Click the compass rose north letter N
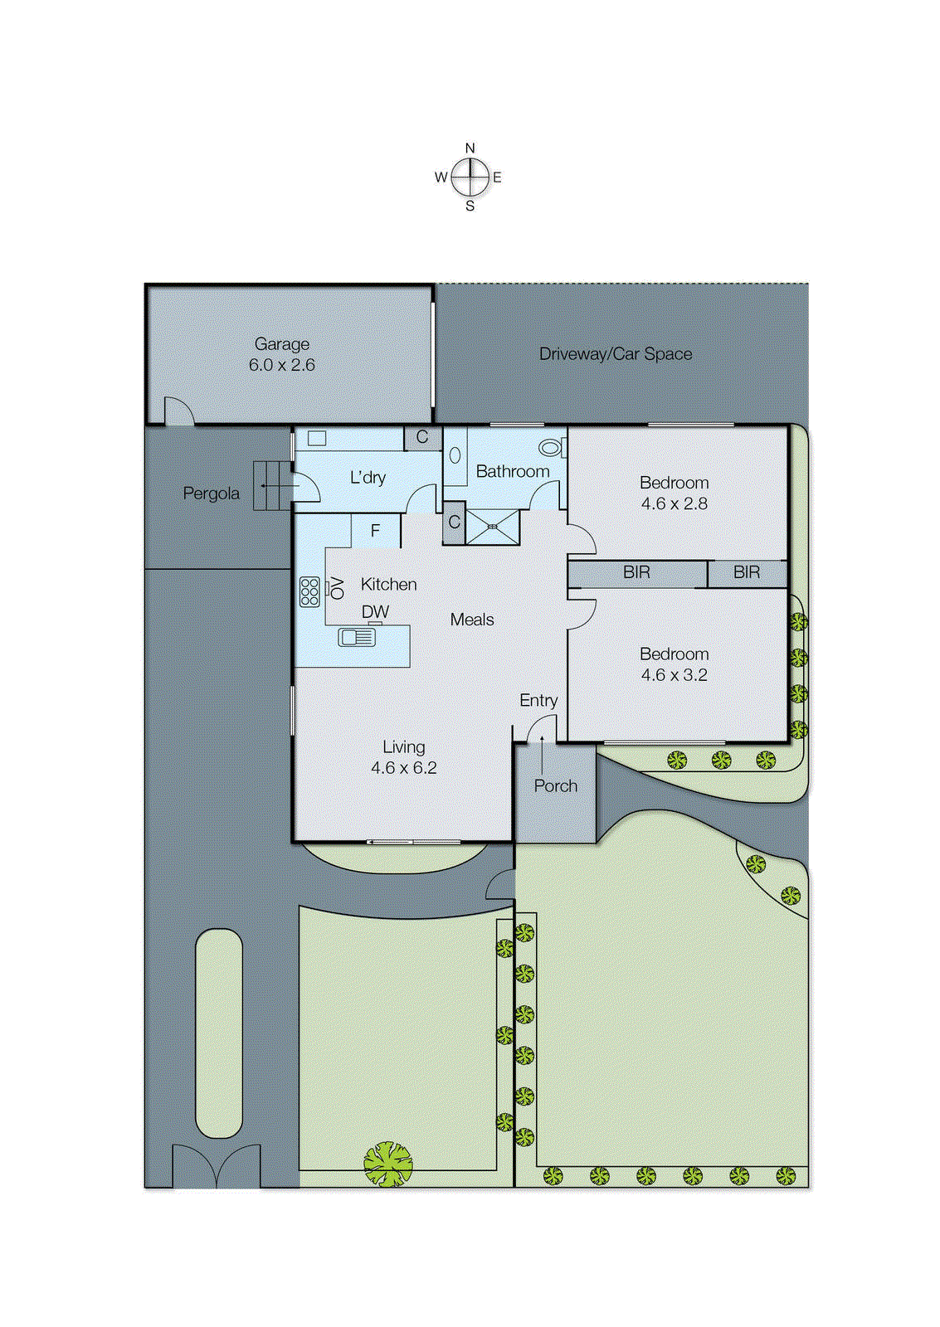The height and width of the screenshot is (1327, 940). pos(470,148)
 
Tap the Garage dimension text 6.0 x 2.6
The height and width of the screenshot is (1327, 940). pos(282,365)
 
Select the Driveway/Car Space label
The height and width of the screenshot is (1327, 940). pos(615,354)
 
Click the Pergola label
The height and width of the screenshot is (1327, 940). pos(211,493)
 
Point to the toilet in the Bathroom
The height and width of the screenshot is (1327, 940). pos(550,449)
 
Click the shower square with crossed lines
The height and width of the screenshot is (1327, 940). pos(493,527)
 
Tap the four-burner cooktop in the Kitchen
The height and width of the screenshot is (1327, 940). pos(309,591)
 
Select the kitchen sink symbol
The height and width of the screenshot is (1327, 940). pos(357,637)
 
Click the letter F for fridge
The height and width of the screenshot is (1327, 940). pos(375,531)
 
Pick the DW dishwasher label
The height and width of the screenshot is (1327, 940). pos(375,612)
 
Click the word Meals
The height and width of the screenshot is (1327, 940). pos(471,620)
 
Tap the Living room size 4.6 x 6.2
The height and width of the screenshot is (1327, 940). pos(403,768)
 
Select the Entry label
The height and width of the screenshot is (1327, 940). pos(538,701)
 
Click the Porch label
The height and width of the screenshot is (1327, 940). pos(555,786)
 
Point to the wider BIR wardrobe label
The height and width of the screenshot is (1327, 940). pos(636,572)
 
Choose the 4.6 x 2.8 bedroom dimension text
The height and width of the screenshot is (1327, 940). pos(674,503)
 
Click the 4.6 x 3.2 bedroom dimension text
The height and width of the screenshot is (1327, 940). pos(674,675)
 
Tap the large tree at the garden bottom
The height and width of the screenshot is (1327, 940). pos(387,1164)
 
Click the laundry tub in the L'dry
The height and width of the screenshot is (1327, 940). pos(317,439)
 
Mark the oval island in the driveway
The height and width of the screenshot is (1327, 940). pos(219,1033)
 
